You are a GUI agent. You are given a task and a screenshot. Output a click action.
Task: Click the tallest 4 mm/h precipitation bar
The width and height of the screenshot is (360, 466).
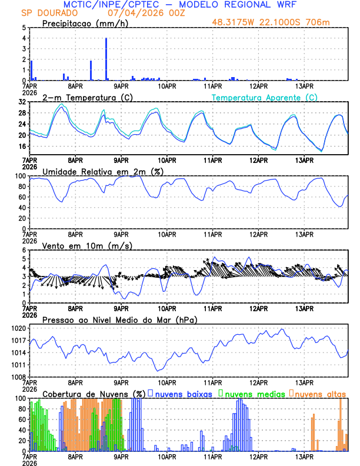106,59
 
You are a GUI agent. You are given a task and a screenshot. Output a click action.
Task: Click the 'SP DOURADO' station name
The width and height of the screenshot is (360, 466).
44,12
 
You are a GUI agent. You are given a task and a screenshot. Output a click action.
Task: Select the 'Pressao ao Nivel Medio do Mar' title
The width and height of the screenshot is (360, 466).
119,319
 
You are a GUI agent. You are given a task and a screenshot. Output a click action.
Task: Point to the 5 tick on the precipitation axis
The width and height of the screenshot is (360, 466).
24,28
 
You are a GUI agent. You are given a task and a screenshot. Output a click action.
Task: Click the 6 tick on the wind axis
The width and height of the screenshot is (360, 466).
24,250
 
